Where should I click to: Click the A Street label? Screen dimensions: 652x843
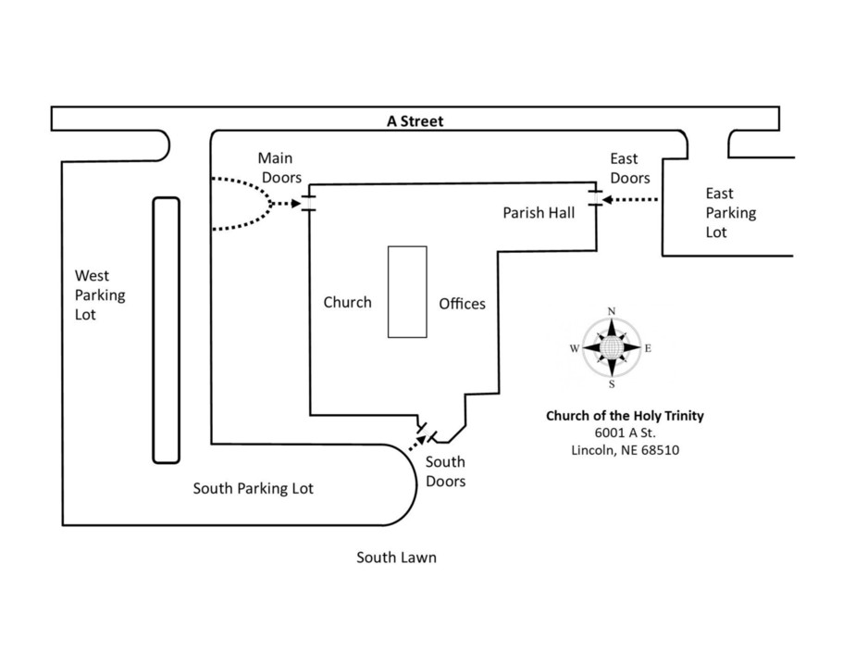click(415, 120)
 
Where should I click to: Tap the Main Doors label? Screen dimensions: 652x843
click(275, 168)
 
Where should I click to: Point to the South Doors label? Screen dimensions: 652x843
click(444, 471)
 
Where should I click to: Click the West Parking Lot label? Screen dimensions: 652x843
click(100, 295)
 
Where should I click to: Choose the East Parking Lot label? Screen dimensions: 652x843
click(730, 212)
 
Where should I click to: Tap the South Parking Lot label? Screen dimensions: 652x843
click(253, 488)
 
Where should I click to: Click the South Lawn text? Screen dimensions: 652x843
click(396, 558)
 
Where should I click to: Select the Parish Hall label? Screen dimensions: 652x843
click(539, 213)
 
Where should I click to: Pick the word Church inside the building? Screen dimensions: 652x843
click(347, 302)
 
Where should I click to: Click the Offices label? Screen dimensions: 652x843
click(462, 303)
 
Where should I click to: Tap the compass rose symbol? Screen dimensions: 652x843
click(611, 348)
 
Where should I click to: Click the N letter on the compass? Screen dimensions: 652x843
click(611, 311)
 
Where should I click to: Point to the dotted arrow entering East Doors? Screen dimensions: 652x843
click(629, 199)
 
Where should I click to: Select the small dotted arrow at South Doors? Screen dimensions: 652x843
click(416, 441)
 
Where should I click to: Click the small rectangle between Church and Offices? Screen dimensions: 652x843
click(407, 292)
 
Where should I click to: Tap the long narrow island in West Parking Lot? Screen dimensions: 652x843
click(166, 330)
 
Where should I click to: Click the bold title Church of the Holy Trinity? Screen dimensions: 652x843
click(625, 416)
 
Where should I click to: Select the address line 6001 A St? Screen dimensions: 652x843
click(625, 433)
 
